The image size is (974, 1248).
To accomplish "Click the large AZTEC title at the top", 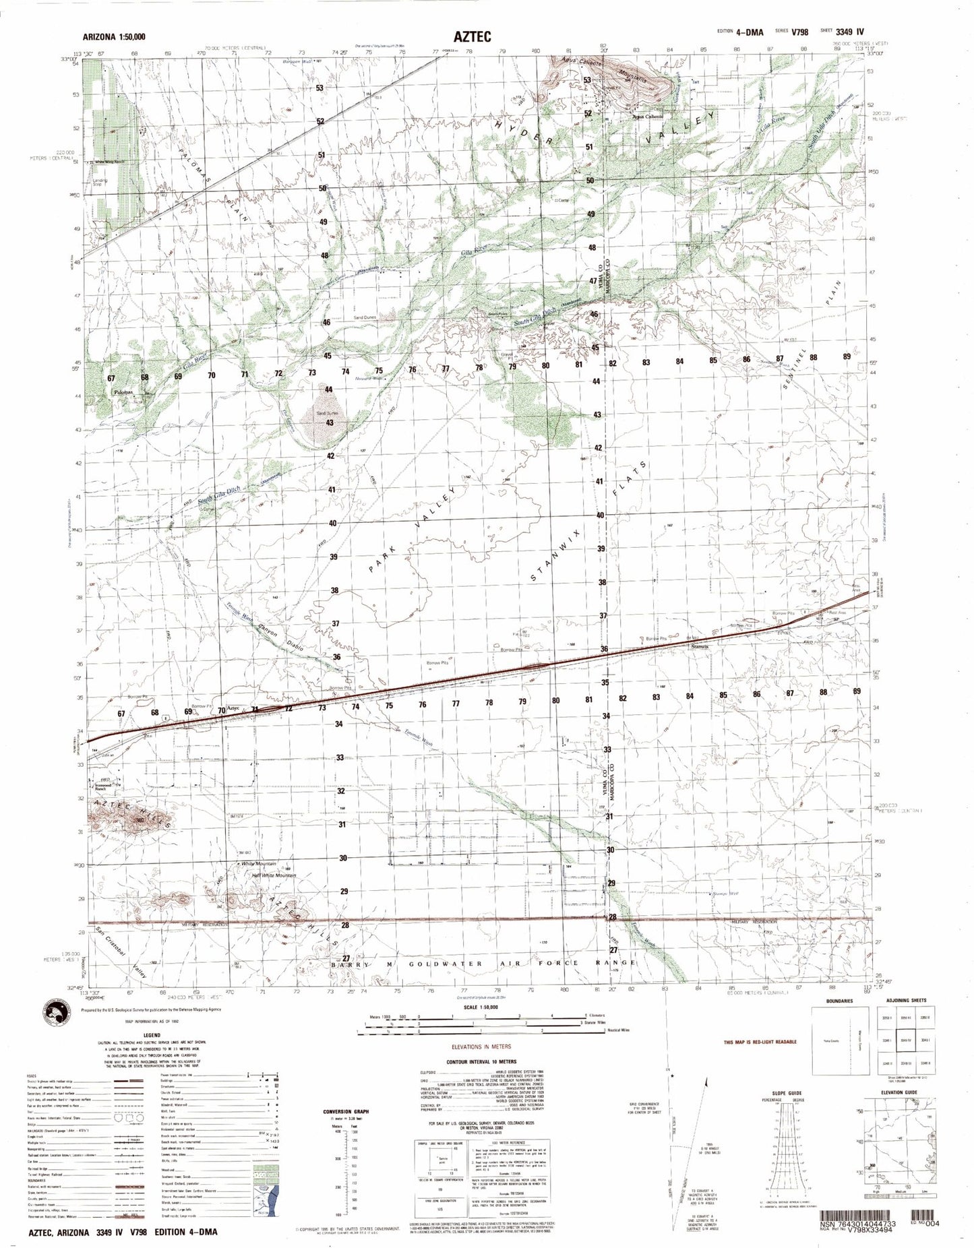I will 471,37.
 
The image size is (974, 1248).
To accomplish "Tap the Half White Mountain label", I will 273,875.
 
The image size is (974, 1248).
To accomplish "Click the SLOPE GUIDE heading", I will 787,1092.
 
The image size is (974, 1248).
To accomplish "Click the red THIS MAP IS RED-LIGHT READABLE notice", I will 760,1042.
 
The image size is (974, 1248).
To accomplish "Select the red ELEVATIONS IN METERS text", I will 481,1047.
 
